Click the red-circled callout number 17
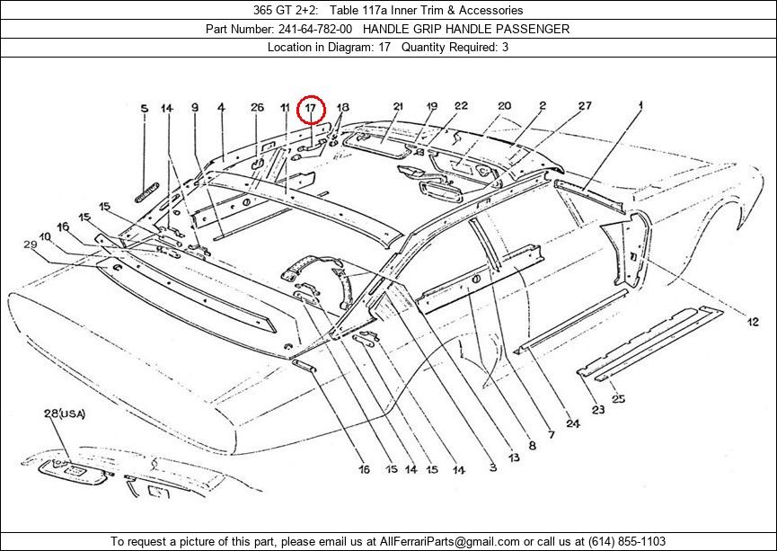coord(310,108)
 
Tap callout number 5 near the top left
coord(145,109)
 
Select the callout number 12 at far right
coord(753,322)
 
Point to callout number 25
coord(618,398)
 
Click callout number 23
coord(598,410)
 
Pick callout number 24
coord(573,423)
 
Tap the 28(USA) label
coord(65,413)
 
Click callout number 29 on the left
coord(31,244)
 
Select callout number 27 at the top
coord(585,106)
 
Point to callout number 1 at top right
coord(640,105)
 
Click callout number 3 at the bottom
coord(492,467)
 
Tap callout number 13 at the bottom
coord(514,458)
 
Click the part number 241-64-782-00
coord(315,30)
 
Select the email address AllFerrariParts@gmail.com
coord(449,542)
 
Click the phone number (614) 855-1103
coord(627,542)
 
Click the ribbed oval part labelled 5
coord(147,192)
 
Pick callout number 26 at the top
coord(257,107)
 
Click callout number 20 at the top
coord(505,106)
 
